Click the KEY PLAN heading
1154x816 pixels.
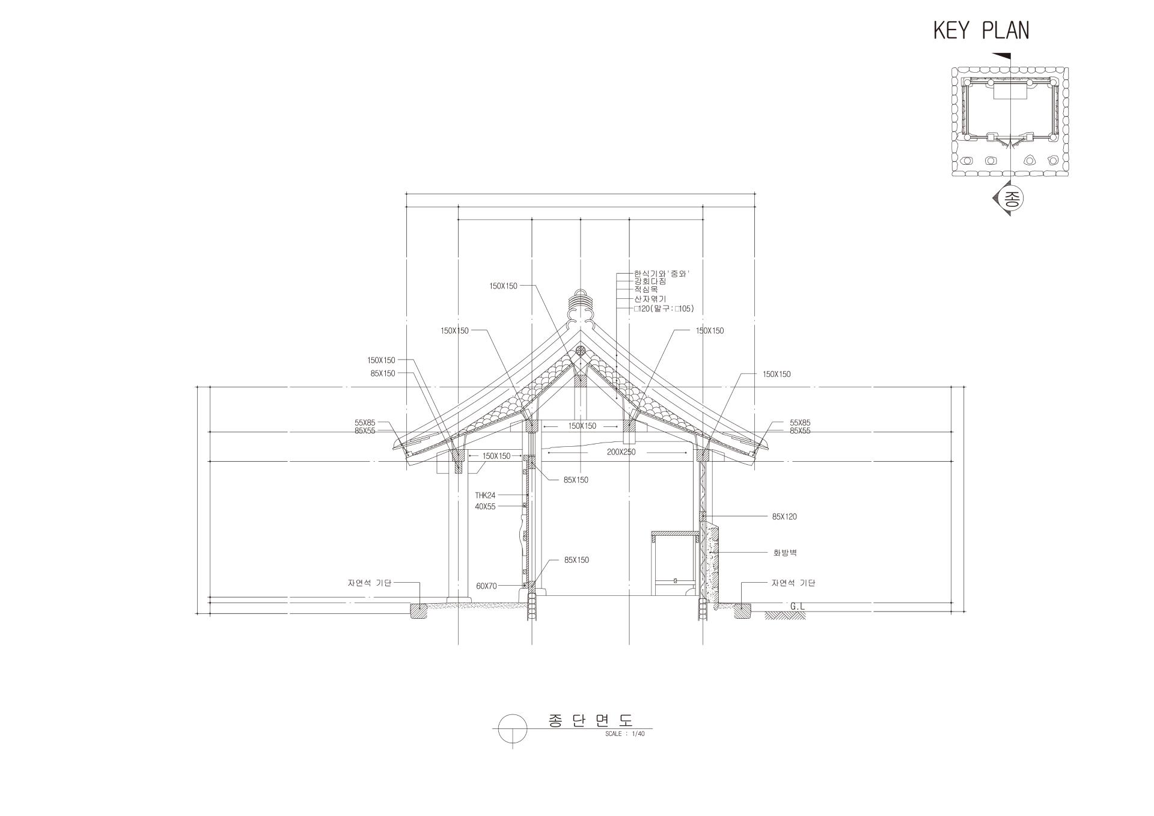(x=981, y=30)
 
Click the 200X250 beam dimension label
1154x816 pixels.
(x=621, y=452)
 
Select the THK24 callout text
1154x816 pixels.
(x=485, y=495)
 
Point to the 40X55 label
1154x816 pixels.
(x=485, y=507)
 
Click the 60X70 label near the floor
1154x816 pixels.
(x=486, y=586)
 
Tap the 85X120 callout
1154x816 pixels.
(x=784, y=517)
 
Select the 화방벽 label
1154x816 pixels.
(x=785, y=553)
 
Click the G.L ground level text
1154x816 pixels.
(x=798, y=607)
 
